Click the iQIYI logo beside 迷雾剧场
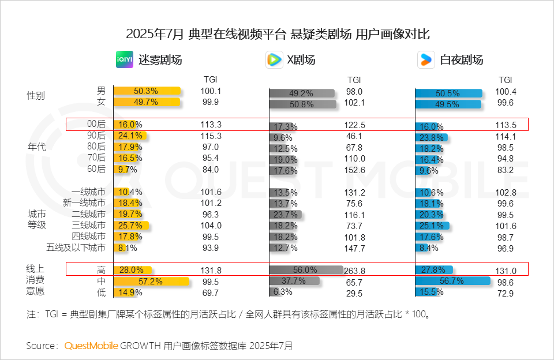[124, 59]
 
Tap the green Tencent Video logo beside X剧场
[274, 59]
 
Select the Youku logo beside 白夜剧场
[426, 59]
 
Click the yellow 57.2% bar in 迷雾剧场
[151, 282]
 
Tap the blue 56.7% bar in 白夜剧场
[452, 282]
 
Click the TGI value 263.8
[354, 271]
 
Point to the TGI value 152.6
[354, 170]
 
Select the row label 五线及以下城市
[76, 248]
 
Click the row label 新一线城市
[84, 203]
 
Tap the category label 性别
[36, 96]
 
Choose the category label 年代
[36, 147]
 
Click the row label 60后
[96, 169]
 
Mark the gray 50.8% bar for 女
[302, 104]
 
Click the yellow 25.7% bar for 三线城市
[131, 226]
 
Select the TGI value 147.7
[354, 249]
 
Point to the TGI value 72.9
[506, 294]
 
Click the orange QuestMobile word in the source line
[91, 346]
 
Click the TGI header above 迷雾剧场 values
[210, 80]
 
